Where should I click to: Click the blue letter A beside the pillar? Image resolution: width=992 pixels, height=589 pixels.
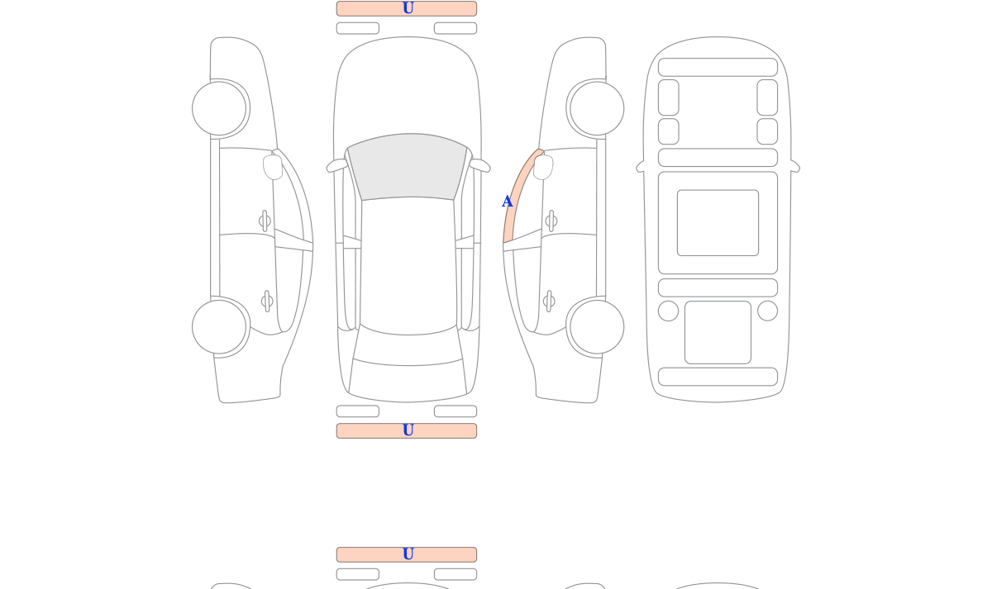tap(508, 202)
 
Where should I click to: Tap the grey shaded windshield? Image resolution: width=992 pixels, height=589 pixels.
tap(408, 167)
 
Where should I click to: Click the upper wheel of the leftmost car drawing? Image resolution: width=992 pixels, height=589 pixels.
tap(219, 108)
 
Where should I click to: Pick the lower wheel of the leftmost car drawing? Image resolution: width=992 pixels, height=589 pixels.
tap(219, 327)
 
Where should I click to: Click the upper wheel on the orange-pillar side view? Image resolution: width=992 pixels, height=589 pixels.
tap(597, 108)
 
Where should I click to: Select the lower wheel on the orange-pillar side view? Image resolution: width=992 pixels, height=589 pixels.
tap(597, 327)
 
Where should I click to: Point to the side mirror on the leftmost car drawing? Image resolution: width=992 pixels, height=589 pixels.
tap(273, 167)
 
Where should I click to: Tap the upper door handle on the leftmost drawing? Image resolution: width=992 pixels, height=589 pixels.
tap(265, 221)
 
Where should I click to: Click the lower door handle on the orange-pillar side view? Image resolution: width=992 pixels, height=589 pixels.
tap(549, 302)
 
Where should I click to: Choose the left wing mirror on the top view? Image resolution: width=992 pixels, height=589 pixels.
tap(336, 165)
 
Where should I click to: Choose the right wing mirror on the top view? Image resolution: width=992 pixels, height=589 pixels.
tap(479, 165)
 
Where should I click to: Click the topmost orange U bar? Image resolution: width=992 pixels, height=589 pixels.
tap(407, 9)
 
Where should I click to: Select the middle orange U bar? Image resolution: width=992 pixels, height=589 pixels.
tap(407, 431)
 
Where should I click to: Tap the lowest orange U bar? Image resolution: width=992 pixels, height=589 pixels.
tap(407, 554)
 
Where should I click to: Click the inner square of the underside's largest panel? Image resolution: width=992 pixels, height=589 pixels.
tap(718, 222)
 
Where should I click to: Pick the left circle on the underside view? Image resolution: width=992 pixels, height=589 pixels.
tap(668, 311)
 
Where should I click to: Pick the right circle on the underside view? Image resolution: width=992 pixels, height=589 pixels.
tap(767, 311)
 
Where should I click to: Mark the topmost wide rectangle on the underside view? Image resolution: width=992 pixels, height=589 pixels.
tap(718, 67)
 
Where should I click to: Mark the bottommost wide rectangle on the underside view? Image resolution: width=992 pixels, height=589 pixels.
tap(718, 377)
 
